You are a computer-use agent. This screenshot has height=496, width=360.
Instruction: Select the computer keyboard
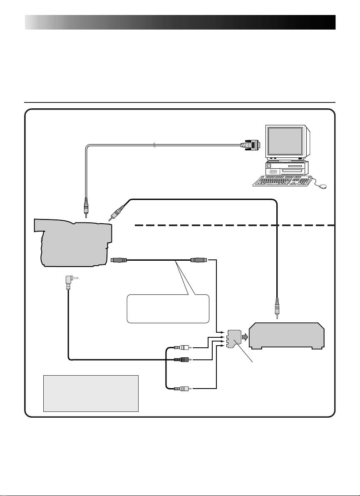point(283,181)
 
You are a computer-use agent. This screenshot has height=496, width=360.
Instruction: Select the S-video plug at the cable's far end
point(198,260)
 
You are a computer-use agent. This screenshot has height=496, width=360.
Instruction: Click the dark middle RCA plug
point(182,359)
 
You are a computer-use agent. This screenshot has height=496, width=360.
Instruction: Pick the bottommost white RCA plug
point(182,389)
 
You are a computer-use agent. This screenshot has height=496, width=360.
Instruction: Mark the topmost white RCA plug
point(182,347)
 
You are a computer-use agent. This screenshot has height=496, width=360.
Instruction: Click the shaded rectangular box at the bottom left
point(91,393)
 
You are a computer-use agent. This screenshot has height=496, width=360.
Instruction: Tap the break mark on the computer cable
point(154,145)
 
